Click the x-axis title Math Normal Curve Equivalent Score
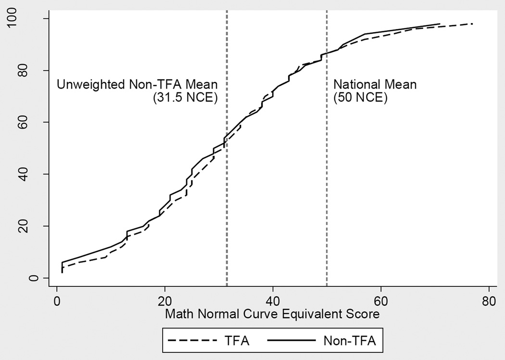point(273,314)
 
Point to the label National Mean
point(375,85)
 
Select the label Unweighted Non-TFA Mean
point(137,85)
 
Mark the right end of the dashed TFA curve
point(473,24)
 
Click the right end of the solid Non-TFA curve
point(440,24)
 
